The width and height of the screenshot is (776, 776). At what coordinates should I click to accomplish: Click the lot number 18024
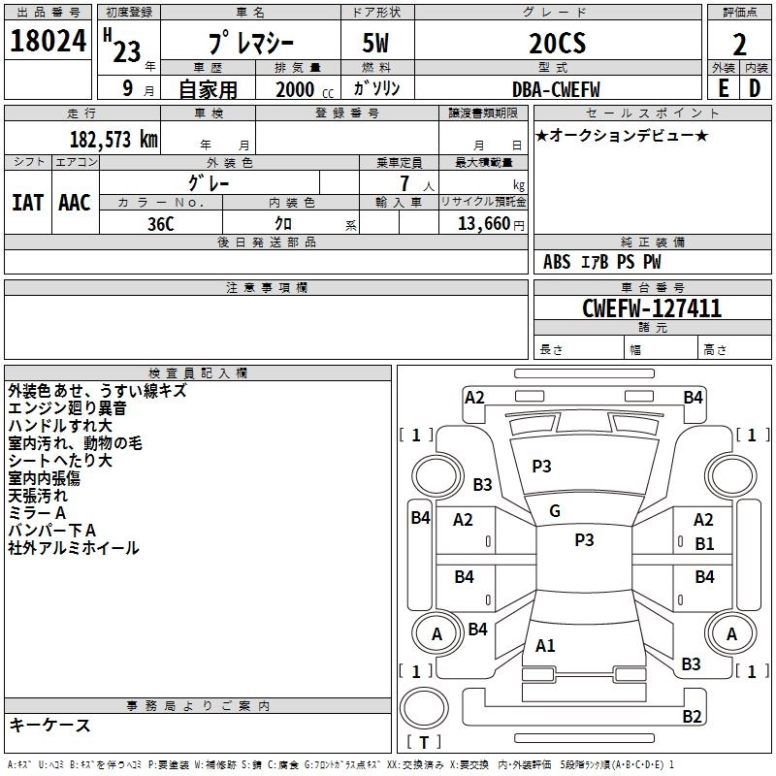point(48,41)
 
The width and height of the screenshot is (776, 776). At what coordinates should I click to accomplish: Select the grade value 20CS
point(557,43)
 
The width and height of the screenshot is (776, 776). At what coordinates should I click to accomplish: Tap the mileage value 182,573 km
point(113,139)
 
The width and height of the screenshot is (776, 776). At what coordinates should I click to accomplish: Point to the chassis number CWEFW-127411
point(652,308)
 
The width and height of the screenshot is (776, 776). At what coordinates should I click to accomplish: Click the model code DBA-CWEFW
point(556,89)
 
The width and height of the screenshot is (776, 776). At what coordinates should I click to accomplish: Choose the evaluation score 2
point(739,45)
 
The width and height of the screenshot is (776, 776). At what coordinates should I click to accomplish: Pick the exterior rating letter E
point(723,88)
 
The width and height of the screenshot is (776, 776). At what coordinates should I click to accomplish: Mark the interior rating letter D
point(755,88)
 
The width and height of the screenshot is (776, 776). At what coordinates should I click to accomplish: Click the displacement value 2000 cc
point(305,89)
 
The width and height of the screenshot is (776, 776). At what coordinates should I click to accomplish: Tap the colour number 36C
point(161,224)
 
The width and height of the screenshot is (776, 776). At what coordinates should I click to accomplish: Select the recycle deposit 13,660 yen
point(491,224)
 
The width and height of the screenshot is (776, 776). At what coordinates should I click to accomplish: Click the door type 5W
point(375,43)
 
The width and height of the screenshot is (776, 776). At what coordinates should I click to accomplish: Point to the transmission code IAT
point(28,203)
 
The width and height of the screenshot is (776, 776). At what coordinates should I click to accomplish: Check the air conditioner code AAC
point(75,203)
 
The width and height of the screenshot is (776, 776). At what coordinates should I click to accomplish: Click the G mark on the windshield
point(555,511)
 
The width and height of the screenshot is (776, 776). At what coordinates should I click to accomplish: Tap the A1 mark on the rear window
point(545,645)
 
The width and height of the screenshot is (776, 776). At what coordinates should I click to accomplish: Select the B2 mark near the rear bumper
point(692,716)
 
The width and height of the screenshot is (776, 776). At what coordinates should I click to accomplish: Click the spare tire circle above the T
point(424,708)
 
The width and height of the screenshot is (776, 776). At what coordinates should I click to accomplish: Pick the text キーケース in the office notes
point(50,725)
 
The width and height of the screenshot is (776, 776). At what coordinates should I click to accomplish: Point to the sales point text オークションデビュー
point(622,135)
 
